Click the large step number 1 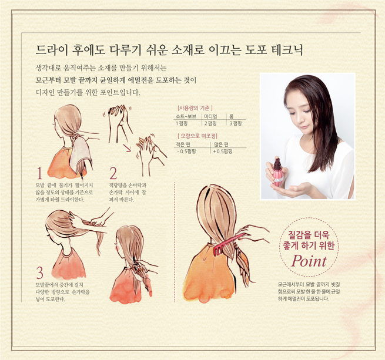pyautogui.click(x=40, y=173)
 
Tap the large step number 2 pyautogui.click(x=113, y=173)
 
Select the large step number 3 pyautogui.click(x=40, y=272)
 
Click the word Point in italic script pyautogui.click(x=309, y=261)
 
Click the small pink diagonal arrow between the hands pyautogui.click(x=127, y=148)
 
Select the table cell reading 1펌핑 pyautogui.click(x=182, y=123)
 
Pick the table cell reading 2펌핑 pyautogui.click(x=210, y=123)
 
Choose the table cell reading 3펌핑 pyautogui.click(x=236, y=123)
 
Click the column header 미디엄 pyautogui.click(x=210, y=116)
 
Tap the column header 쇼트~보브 pyautogui.click(x=186, y=116)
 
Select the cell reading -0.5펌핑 pyautogui.click(x=186, y=152)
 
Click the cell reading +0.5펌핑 pyautogui.click(x=222, y=152)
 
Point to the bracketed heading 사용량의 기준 pyautogui.click(x=195, y=108)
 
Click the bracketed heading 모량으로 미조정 pyautogui.click(x=197, y=136)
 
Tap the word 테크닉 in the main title pyautogui.click(x=287, y=50)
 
